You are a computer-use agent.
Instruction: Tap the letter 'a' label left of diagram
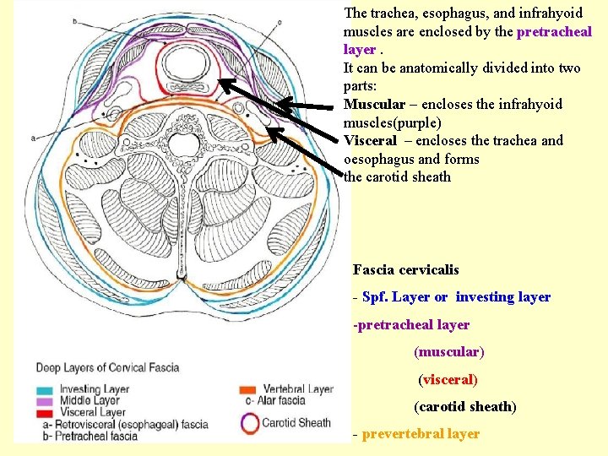click(x=33, y=137)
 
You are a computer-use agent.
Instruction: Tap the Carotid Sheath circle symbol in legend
click(x=251, y=423)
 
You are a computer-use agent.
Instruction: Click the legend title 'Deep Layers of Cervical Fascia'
click(x=107, y=367)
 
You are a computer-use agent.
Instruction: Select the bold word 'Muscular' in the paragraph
click(x=373, y=105)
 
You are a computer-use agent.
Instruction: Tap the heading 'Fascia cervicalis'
click(x=405, y=270)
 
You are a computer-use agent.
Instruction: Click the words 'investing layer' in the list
click(x=502, y=297)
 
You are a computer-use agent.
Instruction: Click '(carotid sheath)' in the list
click(x=464, y=407)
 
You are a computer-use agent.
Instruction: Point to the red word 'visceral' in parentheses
click(x=448, y=380)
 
